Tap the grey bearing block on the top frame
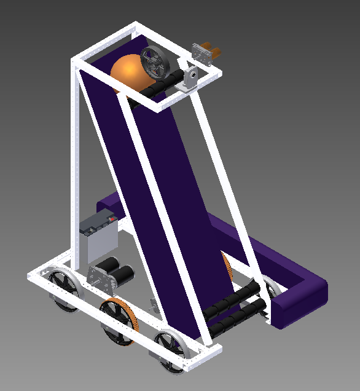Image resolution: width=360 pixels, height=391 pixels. coord(191,79)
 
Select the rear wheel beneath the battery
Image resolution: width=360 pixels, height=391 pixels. coord(63,290)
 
